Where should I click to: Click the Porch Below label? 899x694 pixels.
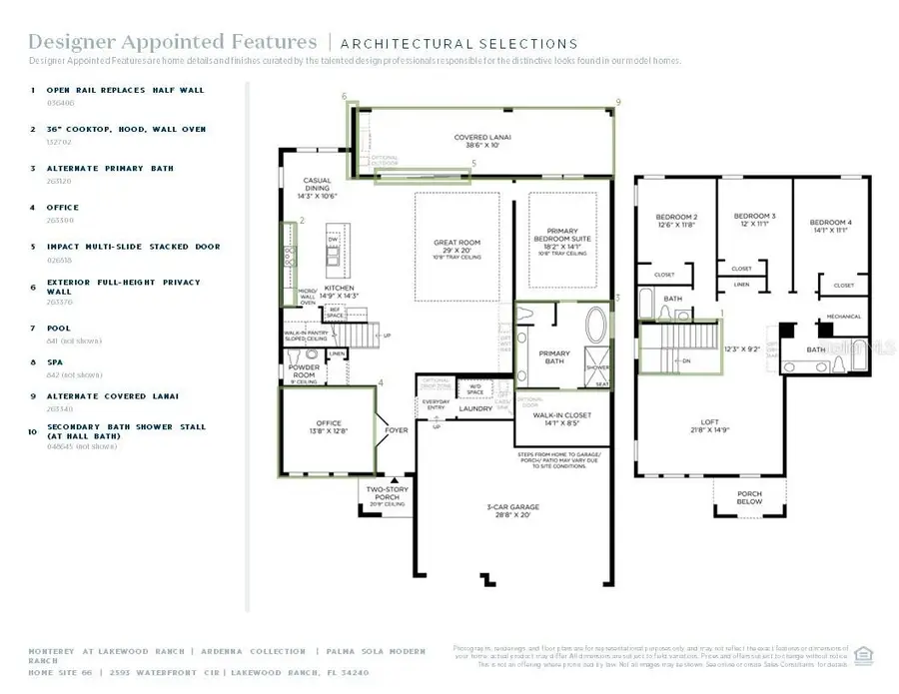(749, 497)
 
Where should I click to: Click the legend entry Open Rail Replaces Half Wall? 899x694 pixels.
(124, 90)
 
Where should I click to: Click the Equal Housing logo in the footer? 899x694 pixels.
(864, 654)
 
